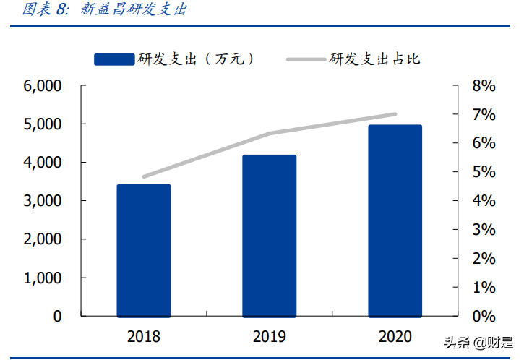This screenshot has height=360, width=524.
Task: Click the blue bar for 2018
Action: [x=144, y=251]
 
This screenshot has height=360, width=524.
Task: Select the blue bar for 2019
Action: [x=270, y=236]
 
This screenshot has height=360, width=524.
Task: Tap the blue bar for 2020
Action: [x=395, y=220]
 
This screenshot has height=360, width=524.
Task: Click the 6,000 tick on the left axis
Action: [x=43, y=86]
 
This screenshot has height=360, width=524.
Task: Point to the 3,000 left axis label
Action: [x=43, y=201]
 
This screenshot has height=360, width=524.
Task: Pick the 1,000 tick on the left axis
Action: [x=43, y=278]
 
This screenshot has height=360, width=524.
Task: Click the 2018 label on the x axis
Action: [x=144, y=336]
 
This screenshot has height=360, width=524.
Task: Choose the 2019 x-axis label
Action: [x=270, y=336]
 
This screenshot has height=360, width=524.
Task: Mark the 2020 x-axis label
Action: [x=395, y=336]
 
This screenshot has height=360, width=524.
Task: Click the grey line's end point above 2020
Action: [x=395, y=114]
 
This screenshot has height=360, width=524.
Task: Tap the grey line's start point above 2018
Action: [x=144, y=176]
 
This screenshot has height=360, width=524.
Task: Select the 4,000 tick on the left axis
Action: [x=43, y=163]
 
